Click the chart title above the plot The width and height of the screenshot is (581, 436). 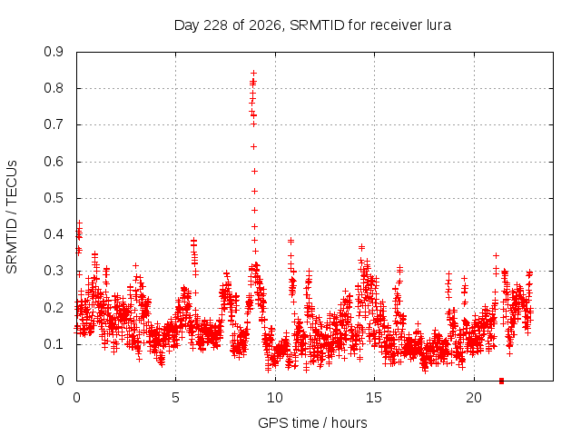point(312,25)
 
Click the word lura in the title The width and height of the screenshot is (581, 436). point(438,25)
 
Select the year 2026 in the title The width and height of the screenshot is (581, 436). point(265,25)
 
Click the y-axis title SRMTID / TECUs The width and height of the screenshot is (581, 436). point(12,217)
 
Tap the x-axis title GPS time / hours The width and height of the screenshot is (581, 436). point(312,422)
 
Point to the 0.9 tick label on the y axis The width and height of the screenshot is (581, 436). point(54,52)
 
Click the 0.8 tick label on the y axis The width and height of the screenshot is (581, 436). point(54,89)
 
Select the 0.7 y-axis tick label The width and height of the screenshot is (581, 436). point(54,125)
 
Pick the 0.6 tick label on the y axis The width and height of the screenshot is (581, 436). point(54,162)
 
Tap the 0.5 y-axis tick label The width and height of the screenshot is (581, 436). point(54,198)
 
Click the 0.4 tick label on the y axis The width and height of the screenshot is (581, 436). point(54,234)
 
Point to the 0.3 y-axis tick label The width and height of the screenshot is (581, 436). point(54,271)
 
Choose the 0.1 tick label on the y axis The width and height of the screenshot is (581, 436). point(54,344)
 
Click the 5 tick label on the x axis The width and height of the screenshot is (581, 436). point(175,398)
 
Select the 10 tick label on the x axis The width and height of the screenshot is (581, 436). point(275,398)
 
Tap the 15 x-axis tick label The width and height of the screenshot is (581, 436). point(374,398)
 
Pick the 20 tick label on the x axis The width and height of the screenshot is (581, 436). point(474,398)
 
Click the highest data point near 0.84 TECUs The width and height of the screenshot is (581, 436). point(254,73)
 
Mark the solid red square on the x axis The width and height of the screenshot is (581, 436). point(502,381)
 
